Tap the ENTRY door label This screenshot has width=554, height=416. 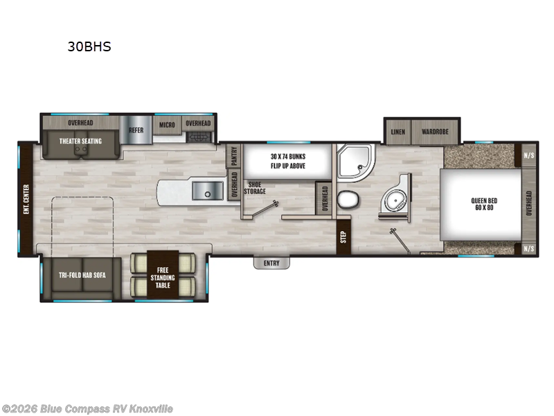[x=271, y=263]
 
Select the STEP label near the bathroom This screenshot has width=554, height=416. [x=343, y=236]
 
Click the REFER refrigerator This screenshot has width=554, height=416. [x=136, y=130]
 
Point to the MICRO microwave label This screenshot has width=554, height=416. [x=167, y=124]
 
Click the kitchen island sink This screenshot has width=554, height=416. [x=206, y=189]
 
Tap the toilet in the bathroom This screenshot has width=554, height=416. [x=348, y=200]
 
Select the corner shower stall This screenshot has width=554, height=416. [x=354, y=164]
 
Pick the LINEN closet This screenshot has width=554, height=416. [x=397, y=131]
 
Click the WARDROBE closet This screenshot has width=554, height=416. [x=435, y=131]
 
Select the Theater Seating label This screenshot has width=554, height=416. [x=80, y=141]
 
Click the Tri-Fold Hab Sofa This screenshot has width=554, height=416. [x=81, y=275]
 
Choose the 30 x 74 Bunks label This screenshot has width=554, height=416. [x=287, y=161]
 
